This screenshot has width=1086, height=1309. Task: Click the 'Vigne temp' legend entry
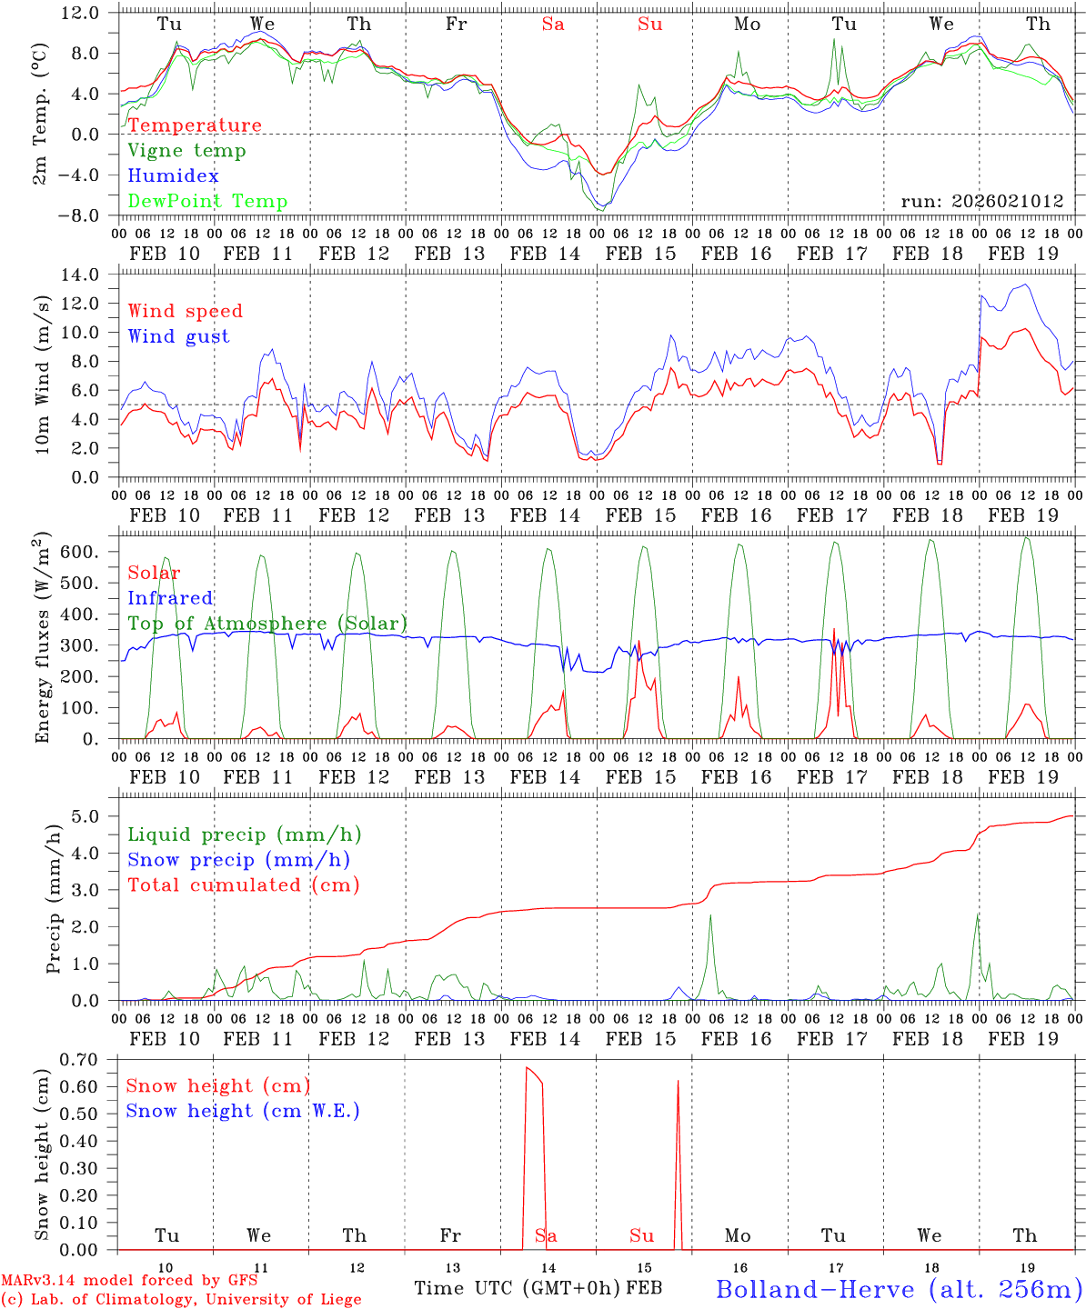tap(186, 151)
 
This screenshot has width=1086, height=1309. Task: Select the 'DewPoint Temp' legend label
tap(207, 202)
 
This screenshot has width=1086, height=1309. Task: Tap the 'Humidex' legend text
tap(173, 176)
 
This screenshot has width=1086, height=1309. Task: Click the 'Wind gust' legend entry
tap(178, 336)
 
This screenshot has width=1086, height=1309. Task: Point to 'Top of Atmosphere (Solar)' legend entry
tap(267, 624)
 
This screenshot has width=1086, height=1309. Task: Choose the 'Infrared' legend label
tap(170, 598)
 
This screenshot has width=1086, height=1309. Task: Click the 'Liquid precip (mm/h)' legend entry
tap(244, 834)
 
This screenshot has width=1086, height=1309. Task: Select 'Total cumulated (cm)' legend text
tap(243, 885)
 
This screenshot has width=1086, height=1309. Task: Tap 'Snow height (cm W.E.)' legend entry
tap(243, 1111)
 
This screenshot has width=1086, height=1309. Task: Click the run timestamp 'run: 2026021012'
tap(982, 202)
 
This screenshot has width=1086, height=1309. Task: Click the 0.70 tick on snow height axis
tap(83, 1059)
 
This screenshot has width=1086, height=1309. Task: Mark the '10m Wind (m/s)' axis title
tap(43, 375)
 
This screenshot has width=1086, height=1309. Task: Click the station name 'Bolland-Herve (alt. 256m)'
tap(899, 1289)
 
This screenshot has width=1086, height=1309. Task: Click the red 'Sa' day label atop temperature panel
tap(553, 25)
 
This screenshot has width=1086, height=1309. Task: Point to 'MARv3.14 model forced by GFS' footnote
tap(130, 1280)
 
